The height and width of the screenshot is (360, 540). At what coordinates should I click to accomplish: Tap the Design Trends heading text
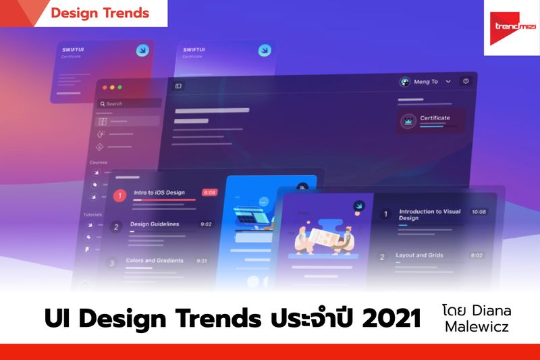coord(100,13)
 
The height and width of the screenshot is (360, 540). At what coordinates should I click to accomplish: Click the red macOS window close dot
coord(103,87)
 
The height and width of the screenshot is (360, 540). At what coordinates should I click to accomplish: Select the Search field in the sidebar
coord(128,103)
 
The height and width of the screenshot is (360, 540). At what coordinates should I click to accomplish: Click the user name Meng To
coord(425,82)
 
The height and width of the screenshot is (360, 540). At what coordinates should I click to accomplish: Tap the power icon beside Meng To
coord(465,81)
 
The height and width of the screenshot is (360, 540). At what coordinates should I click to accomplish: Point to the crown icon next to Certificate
coord(408,120)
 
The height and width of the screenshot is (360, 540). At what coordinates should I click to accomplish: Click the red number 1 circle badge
coord(119,196)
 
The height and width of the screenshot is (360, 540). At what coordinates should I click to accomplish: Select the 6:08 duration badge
coord(210,192)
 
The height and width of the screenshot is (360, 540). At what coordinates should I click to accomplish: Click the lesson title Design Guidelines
coord(155,224)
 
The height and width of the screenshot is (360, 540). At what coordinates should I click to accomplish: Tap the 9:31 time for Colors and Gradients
coord(202,261)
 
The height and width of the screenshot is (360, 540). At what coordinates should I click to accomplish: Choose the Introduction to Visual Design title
coord(429,215)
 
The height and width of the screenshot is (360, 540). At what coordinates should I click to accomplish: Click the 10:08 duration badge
coord(479,212)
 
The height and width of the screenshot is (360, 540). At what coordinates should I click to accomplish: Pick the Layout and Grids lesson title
coord(420,255)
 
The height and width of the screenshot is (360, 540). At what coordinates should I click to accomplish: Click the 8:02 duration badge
coord(477,255)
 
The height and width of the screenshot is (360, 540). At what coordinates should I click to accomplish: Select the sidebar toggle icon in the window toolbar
coord(178,86)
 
